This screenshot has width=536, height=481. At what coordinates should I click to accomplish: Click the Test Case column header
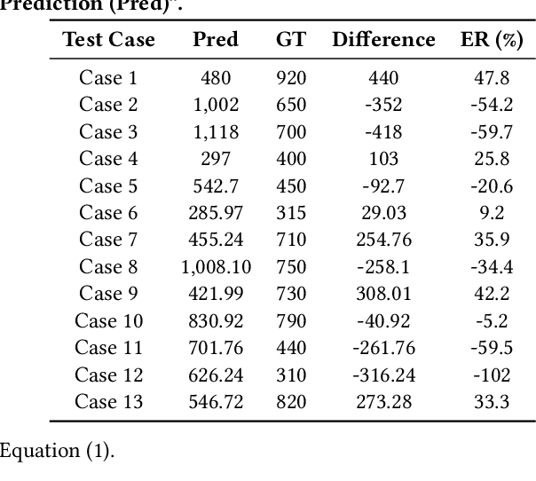coord(108,40)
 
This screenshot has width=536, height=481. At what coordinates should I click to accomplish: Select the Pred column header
coord(216,40)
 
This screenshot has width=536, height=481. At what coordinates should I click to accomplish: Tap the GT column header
coord(290,40)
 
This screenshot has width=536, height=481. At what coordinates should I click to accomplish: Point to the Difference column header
coord(383,40)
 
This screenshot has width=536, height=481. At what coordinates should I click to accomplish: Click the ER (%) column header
coord(492,40)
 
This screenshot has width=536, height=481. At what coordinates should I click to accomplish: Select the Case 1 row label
coord(108,78)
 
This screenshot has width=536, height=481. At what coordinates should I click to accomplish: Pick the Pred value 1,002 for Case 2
coord(216,105)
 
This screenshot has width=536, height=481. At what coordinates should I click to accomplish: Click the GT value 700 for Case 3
coord(290,132)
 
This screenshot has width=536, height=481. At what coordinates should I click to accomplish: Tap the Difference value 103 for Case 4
coord(383,159)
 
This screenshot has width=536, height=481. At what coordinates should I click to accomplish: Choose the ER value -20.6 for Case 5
coord(492,186)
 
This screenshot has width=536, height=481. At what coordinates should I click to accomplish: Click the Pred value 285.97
coord(216,213)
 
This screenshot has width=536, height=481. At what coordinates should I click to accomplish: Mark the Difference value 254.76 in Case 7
coord(383,240)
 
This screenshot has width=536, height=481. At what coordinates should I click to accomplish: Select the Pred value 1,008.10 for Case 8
coord(216,267)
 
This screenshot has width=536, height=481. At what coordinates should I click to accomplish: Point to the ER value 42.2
coord(492,294)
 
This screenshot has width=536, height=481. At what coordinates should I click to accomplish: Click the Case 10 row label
coord(108,321)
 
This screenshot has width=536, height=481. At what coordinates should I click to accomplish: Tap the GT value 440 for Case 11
coord(290,348)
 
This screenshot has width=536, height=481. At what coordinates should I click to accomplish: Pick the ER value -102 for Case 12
coord(492,375)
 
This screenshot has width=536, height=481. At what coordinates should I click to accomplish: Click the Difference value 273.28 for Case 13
coord(383,402)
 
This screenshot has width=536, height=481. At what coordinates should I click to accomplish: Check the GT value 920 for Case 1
coord(290,78)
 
